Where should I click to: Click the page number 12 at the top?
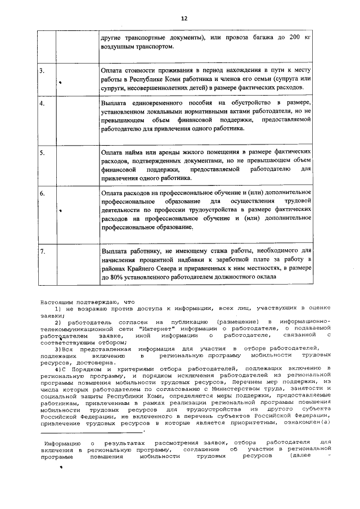tap(183, 19)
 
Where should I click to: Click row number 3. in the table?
tap(42, 71)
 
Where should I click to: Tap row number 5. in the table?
tap(42, 152)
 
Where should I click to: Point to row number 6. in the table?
tap(42, 193)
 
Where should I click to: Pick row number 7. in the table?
tap(43, 251)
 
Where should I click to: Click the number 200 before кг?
tap(290, 38)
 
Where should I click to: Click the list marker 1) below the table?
tap(57, 308)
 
